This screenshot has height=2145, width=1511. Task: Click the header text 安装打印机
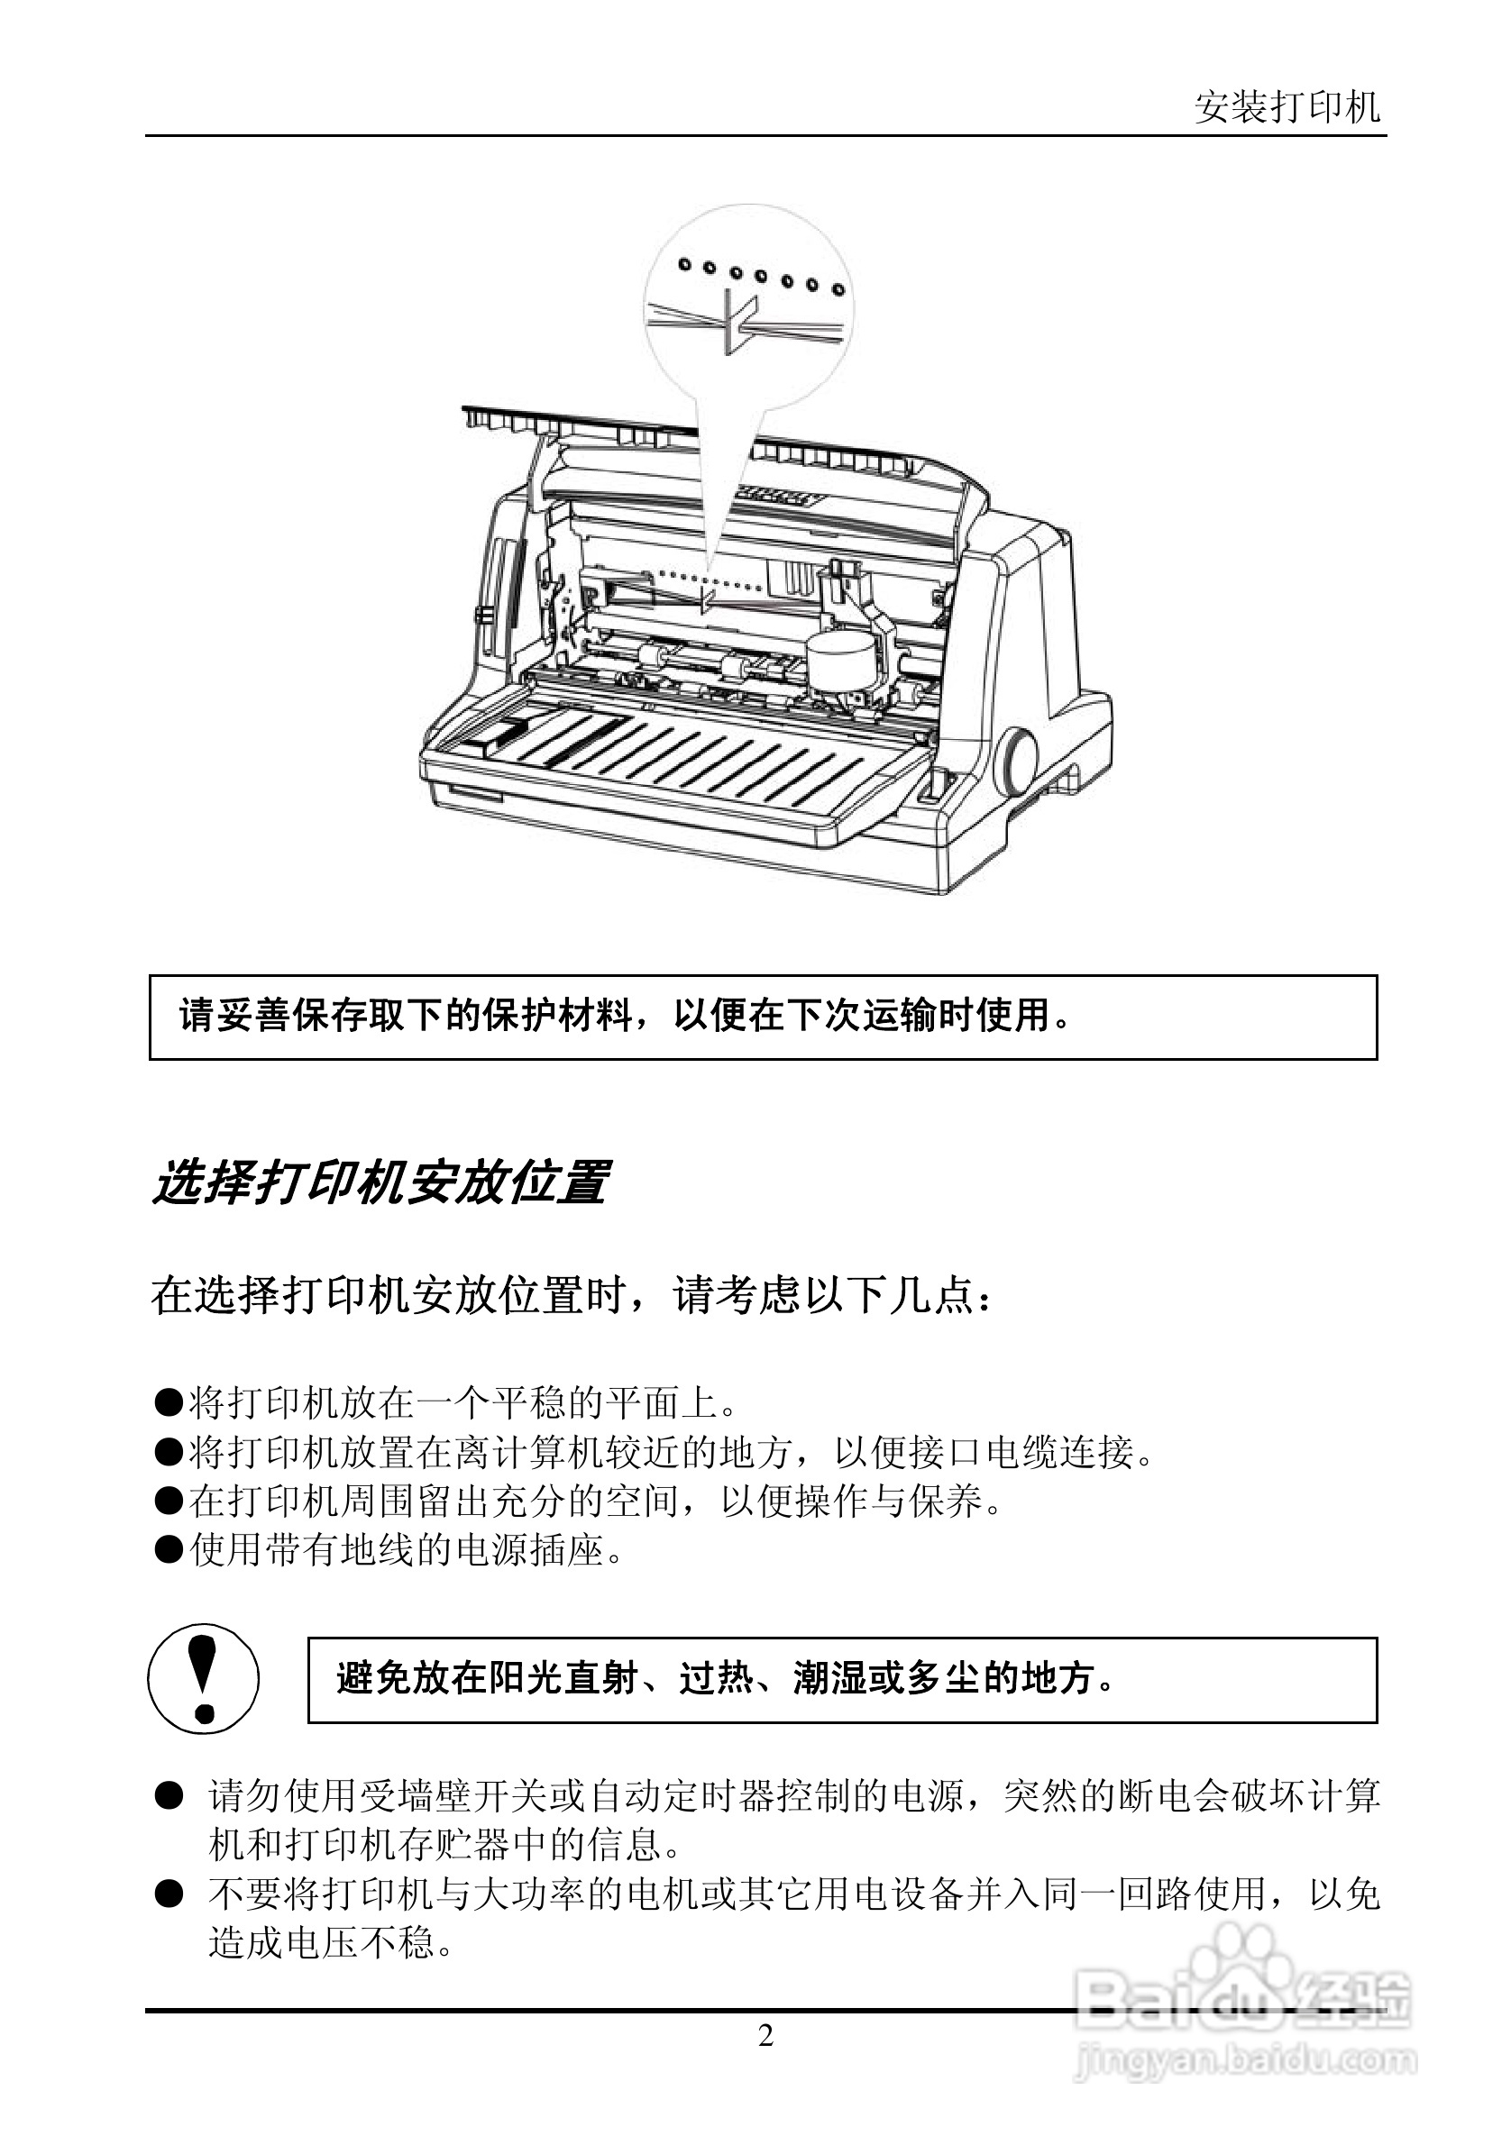(x=1286, y=108)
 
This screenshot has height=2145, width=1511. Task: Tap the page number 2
(x=765, y=2036)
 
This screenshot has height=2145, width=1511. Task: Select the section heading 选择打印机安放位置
(x=380, y=1182)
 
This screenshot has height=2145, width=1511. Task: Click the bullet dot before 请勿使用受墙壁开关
(x=169, y=1795)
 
